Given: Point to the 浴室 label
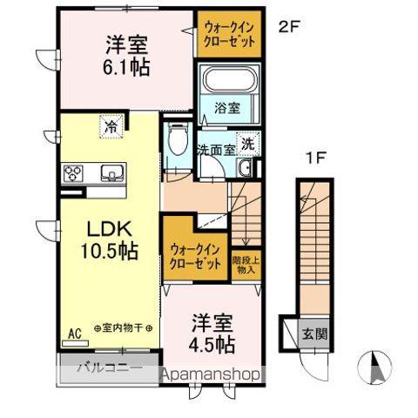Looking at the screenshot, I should [227, 109].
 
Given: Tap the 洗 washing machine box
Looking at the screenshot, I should [248, 145].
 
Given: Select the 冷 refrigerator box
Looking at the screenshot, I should [111, 126].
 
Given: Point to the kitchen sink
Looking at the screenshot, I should [111, 171].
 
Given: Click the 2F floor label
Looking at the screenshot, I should [288, 26].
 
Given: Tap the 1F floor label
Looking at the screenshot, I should [315, 158].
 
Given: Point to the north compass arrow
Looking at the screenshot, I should [375, 367].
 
